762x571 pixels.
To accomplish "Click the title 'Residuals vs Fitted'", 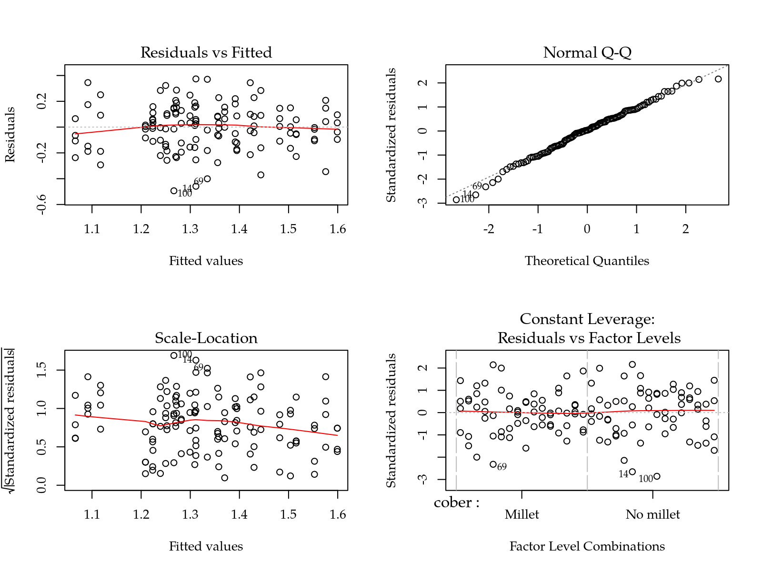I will coord(206,52).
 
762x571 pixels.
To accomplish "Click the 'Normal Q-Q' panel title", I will coord(587,52).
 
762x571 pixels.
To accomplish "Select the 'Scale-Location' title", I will coord(206,338).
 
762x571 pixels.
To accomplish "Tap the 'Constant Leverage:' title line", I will coord(587,319).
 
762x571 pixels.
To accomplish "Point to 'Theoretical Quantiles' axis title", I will coord(587,261).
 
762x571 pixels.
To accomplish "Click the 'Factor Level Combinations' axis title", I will coord(587,546).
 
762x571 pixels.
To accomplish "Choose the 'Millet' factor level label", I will coord(522,514).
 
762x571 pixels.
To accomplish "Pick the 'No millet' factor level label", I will coord(653,514).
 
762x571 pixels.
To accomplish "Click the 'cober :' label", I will coord(456,502).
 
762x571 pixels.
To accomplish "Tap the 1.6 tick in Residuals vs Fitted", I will coord(338,229).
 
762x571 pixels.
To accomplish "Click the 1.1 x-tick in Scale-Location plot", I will coord(92,515).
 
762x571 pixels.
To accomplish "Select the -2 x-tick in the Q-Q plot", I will coord(489,229).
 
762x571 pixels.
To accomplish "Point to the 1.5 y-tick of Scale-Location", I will coord(42,370).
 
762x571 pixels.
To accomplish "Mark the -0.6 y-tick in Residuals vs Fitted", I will coord(42,204).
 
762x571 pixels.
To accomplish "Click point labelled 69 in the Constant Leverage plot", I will coord(493,464).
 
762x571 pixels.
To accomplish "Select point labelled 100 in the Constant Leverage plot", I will coord(657,476).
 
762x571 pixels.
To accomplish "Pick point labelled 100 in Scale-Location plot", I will coord(174,355).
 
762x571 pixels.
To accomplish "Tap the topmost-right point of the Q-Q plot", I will coord(718,79).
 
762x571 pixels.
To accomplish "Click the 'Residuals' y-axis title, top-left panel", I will coord(10,135).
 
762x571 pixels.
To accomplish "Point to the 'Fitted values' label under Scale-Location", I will coord(206,546).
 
